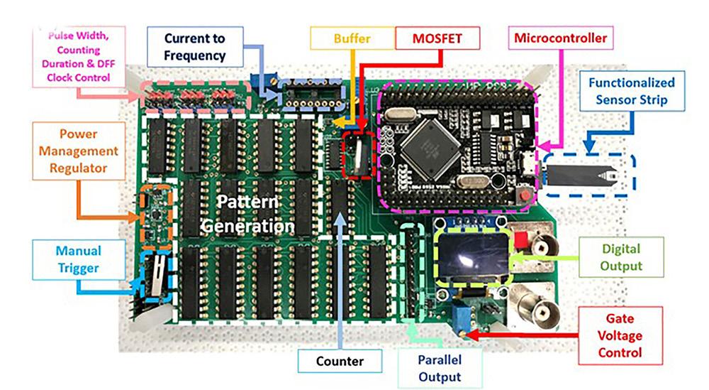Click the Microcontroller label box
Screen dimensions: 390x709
coord(560,38)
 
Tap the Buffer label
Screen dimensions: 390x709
coord(352,38)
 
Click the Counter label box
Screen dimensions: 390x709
coord(340,361)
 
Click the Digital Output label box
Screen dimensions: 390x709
coord(621,258)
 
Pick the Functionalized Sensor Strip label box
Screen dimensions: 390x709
coord(631,91)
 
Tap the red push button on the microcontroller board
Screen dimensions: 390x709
coord(525,194)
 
